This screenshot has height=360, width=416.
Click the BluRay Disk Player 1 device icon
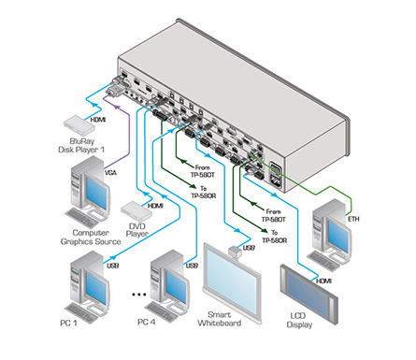pos(79,124)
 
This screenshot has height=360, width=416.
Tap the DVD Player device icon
pos(136,211)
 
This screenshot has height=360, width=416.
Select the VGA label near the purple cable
pos(110,172)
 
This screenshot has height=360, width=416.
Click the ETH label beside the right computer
pos(353,219)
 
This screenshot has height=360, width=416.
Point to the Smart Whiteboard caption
pos(220,319)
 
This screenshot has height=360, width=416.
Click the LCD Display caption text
pos(299,320)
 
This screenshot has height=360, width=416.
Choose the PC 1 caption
pos(68,324)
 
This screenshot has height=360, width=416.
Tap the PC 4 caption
pos(146,322)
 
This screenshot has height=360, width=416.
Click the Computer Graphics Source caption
pos(91,238)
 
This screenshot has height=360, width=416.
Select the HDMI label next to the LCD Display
pos(324,281)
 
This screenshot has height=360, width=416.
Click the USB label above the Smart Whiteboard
pos(249,248)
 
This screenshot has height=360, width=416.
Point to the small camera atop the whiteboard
pos(236,252)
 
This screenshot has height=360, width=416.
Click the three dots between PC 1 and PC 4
pos(139,294)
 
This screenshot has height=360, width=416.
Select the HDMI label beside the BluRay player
pos(98,120)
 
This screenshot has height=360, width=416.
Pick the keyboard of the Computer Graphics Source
pos(81,217)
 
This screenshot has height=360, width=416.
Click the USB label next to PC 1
pos(113,266)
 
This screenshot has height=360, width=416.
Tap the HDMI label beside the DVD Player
pos(155,206)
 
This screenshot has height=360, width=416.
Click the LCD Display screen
pos(309,294)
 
